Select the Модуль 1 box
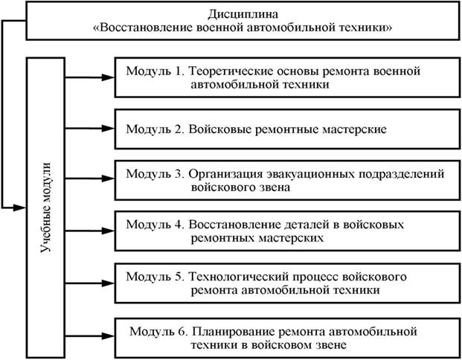[283, 78]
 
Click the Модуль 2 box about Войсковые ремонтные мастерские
[283, 129]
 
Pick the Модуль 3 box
[283, 179]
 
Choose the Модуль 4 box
[283, 230]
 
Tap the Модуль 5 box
[283, 282]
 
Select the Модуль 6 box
[283, 334]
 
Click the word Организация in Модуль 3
[223, 173]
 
